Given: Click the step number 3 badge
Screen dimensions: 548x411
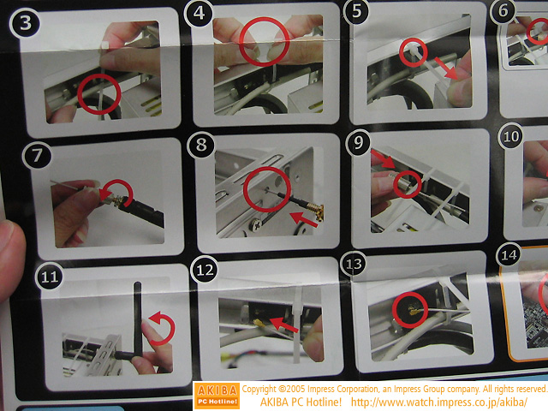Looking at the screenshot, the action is pos(25,23).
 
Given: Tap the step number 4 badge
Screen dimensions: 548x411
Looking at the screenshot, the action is pos(199,14).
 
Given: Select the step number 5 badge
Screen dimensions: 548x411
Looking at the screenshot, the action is pos(356,11).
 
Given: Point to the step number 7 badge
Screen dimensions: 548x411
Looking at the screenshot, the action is pos(37,156).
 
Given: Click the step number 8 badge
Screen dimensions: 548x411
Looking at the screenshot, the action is pos(201,145).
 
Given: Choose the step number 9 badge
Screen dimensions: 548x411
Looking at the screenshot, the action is pos(359,143).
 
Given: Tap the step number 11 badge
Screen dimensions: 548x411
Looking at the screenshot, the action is pos(50,277).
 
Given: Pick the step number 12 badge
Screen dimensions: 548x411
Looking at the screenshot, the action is pos(205,271).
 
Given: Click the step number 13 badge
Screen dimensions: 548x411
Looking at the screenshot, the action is pos(354,264).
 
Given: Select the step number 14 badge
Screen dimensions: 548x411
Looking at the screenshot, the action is pos(509,255).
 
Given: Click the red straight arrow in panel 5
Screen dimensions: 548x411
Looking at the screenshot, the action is pos(445,68).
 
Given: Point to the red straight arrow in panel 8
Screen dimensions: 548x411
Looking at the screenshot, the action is pos(303,219).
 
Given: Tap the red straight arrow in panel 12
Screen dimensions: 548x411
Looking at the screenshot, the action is pos(284,325).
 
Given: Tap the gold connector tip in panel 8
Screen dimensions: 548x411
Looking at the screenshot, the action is pos(318,213).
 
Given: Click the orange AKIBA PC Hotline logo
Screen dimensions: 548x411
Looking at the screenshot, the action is pos(217,396).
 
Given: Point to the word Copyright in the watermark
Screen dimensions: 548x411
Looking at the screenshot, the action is pos(259,389).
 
